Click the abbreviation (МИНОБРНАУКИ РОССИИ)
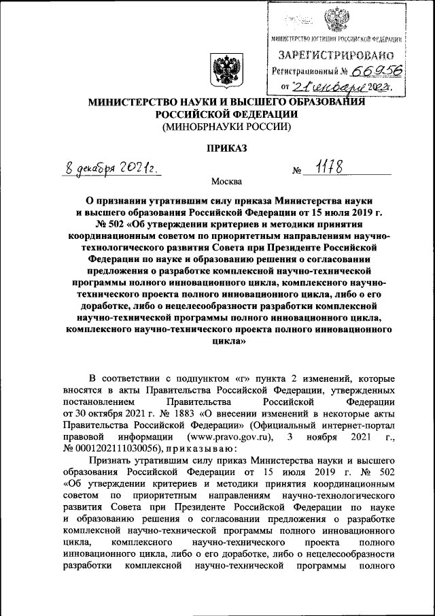226,126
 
